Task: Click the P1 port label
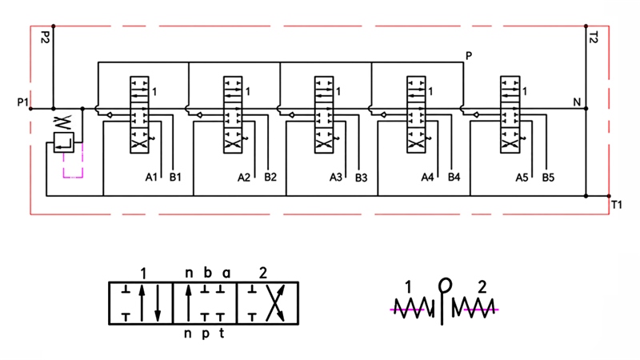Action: point(23,102)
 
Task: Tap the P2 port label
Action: point(45,37)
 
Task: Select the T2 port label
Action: point(594,38)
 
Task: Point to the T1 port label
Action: point(616,205)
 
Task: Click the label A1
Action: point(151,177)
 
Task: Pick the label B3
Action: point(362,178)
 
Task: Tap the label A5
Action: point(522,178)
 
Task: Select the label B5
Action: point(548,178)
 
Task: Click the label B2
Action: point(270,177)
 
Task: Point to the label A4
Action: point(427,178)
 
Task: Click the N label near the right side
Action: point(577,102)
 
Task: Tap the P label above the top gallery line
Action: point(469,56)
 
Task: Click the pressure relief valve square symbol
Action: point(64,142)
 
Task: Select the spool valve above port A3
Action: point(324,114)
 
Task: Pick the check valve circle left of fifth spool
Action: point(476,115)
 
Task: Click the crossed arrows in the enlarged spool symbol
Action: point(275,303)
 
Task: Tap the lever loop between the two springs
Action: point(445,286)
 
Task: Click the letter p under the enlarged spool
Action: point(206,334)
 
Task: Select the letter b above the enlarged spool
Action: point(208,272)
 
